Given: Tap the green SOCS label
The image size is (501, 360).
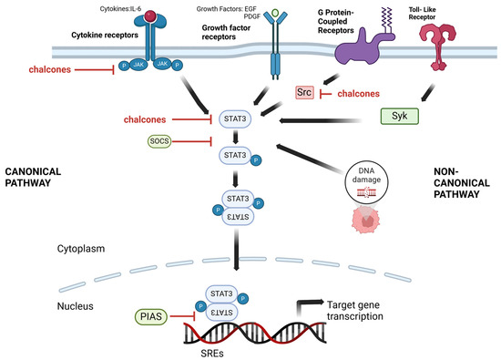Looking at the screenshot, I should (159, 142).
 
